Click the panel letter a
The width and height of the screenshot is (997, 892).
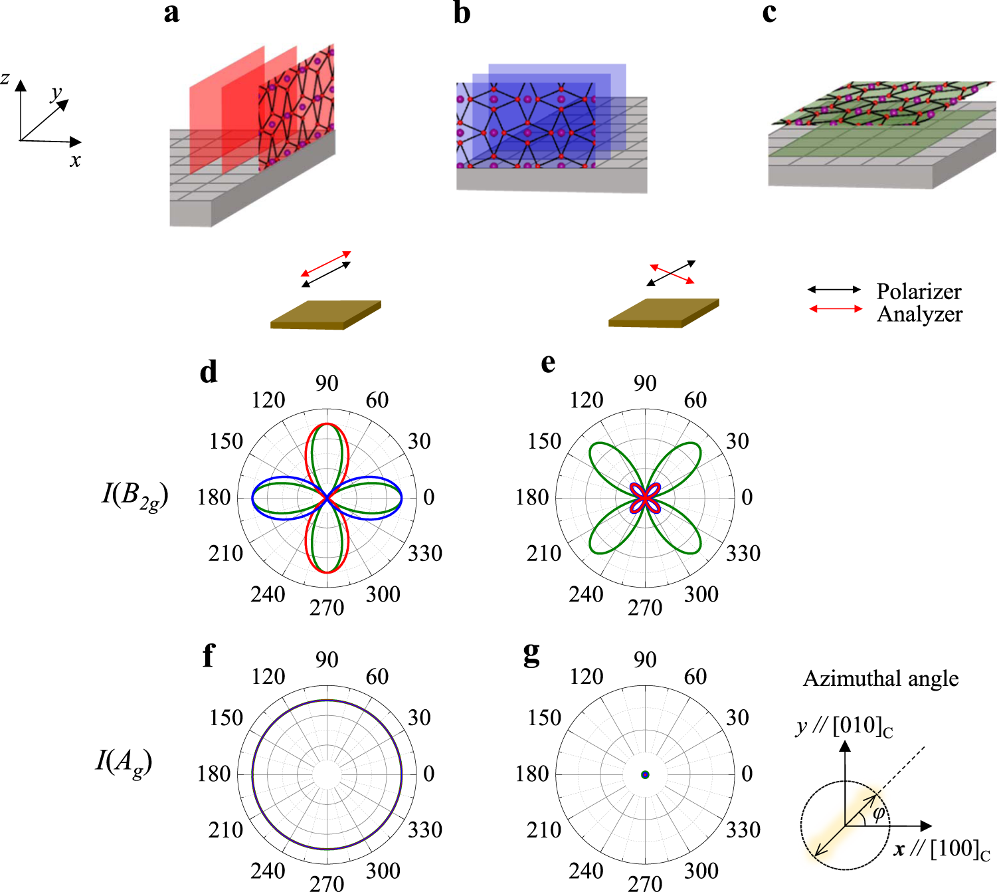click(x=171, y=13)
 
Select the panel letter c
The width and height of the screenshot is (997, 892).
click(x=769, y=12)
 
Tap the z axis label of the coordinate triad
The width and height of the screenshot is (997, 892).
click(x=5, y=79)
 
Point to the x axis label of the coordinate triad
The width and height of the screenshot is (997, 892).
click(x=75, y=161)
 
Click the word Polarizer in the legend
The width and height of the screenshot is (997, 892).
click(x=919, y=291)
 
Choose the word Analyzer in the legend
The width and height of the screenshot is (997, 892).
click(x=919, y=314)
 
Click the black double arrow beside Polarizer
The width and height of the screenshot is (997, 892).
click(x=834, y=290)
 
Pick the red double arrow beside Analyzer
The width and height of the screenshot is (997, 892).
click(x=835, y=308)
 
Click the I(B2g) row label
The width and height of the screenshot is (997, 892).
click(x=135, y=496)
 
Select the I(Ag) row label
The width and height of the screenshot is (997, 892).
click(x=124, y=762)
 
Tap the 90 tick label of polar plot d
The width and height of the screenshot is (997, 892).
click(x=327, y=384)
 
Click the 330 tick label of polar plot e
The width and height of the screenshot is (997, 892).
click(x=743, y=553)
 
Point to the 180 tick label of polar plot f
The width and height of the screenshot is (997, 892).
click(x=213, y=774)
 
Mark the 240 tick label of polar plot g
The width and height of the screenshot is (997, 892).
click(x=586, y=871)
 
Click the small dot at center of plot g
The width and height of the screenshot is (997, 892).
click(x=645, y=774)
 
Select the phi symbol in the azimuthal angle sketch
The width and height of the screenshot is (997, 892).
click(x=878, y=814)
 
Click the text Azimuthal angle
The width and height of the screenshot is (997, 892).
click(x=881, y=679)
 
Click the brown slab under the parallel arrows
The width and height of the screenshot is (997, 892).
click(x=325, y=314)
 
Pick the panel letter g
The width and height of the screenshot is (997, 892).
click(x=531, y=655)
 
